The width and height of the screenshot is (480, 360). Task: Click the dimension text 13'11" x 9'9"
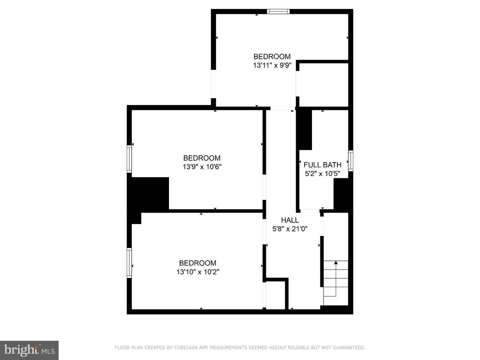(x=272, y=65)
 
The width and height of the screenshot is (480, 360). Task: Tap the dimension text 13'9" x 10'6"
(x=202, y=167)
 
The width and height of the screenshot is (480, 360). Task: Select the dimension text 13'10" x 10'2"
(x=198, y=272)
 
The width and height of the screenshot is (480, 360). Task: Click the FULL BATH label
(x=322, y=165)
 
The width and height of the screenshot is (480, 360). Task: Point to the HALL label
(x=290, y=220)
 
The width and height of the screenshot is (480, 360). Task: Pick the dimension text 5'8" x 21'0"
(x=290, y=229)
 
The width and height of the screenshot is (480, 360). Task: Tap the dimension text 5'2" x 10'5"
(x=322, y=173)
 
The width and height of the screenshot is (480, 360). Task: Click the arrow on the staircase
(x=336, y=263)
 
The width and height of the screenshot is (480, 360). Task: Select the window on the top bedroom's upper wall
(x=278, y=12)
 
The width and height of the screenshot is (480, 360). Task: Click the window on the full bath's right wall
(x=351, y=161)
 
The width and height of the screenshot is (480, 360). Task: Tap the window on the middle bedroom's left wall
(x=129, y=159)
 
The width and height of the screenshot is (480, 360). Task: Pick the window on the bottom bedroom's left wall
(x=129, y=263)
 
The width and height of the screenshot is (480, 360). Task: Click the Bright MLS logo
(x=29, y=350)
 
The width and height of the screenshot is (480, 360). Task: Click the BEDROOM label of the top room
(x=272, y=57)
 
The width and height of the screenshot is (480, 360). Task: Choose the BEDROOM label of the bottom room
(x=198, y=263)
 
